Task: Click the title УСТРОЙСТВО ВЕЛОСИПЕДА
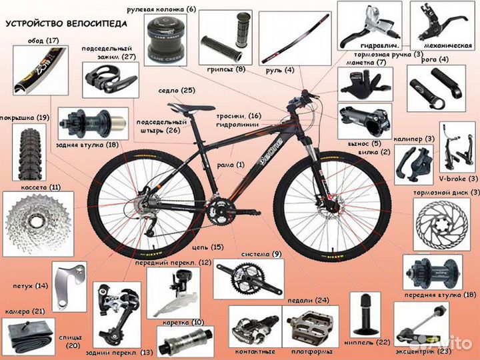pos(66,23)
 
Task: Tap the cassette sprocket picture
pos(37,224)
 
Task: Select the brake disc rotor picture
pos(442,225)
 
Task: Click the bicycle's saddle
pos(191,108)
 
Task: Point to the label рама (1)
pos(231,165)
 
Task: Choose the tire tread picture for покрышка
pos(29,152)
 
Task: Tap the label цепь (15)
pos(208,247)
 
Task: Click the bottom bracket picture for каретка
pos(185,341)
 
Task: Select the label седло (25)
pos(177,91)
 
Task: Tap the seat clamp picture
pos(110,80)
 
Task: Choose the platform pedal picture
pos(310,328)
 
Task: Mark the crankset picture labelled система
pos(249,279)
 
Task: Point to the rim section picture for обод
pos(40,70)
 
